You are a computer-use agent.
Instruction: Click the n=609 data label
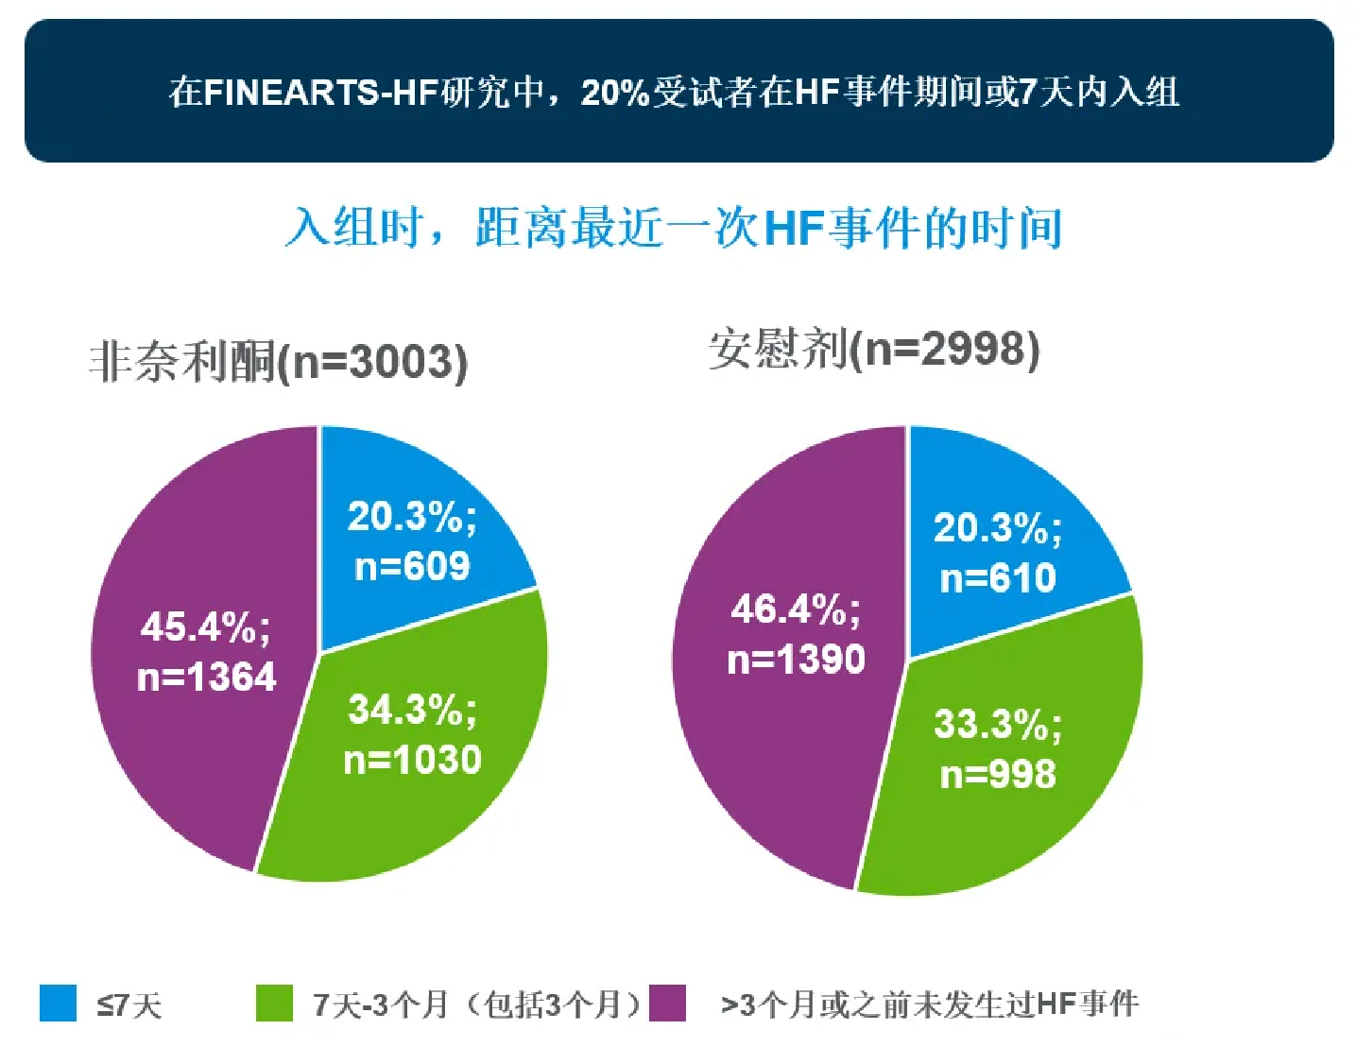tap(412, 567)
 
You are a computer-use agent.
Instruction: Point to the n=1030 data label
tap(412, 760)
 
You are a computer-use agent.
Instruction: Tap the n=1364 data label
tap(207, 677)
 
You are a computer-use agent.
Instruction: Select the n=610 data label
tap(998, 578)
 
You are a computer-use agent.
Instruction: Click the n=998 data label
tap(998, 775)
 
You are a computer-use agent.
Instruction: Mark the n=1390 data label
tap(796, 660)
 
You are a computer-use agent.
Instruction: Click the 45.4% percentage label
tap(205, 626)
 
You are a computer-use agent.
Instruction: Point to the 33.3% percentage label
tap(998, 725)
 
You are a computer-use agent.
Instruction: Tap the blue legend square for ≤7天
tap(58, 1003)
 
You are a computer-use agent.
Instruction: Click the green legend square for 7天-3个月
tap(274, 1003)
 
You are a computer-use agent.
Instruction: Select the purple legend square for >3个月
tap(667, 1003)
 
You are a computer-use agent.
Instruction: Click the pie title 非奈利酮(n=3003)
tap(278, 361)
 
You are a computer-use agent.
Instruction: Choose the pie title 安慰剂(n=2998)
tap(874, 349)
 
